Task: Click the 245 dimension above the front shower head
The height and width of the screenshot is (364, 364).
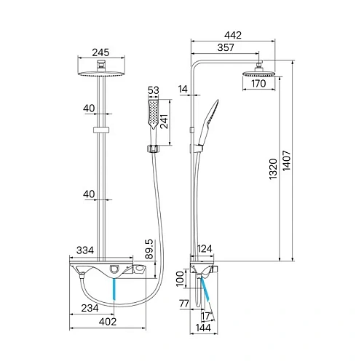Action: [100, 52]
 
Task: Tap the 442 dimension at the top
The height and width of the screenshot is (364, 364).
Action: [233, 36]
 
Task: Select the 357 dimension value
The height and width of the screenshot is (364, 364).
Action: [226, 47]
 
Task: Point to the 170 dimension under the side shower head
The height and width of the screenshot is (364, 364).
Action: [258, 84]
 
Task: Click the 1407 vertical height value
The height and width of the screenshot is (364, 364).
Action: [287, 160]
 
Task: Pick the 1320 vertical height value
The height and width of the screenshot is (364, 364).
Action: [273, 169]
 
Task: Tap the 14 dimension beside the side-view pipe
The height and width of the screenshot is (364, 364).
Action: [183, 89]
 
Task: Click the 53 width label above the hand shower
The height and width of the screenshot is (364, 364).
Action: [154, 90]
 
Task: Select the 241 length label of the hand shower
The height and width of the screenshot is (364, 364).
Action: [164, 122]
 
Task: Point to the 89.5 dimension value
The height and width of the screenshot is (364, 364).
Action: [149, 249]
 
